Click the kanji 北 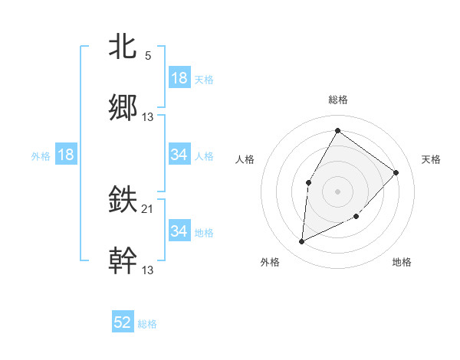123,46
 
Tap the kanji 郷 123,107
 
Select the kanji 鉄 123,200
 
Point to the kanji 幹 123,260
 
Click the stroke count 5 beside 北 148,56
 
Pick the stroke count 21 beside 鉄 148,209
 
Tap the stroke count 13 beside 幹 148,270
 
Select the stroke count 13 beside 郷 148,117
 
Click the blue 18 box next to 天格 179,78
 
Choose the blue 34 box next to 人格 179,155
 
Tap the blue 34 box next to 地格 179,231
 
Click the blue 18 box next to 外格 66,155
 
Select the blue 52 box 123,323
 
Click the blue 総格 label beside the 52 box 147,324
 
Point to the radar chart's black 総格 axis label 337,100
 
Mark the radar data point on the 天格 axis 396,172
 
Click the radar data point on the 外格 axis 301,242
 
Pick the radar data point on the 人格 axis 308,182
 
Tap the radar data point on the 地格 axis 356,217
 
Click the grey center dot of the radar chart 337,191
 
